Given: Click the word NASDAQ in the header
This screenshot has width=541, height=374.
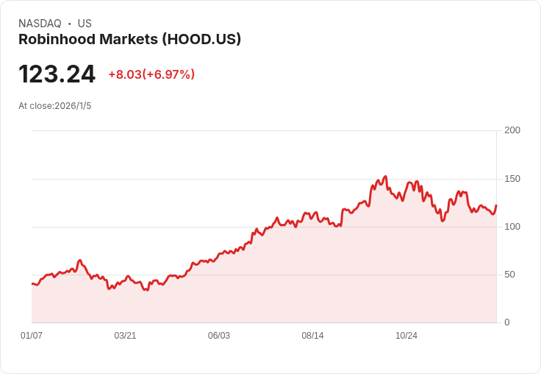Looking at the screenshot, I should click(x=40, y=24).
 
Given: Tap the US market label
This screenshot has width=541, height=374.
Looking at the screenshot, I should click(x=85, y=24).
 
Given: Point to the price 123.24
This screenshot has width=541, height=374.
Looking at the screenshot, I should click(x=57, y=74).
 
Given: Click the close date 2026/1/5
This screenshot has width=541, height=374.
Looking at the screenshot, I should click(x=73, y=106).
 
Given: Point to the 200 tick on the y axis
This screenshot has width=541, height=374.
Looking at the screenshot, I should click(x=512, y=130).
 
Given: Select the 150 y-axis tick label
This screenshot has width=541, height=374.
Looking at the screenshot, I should click(x=512, y=179).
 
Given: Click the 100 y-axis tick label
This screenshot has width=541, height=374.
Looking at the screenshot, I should click(x=512, y=227).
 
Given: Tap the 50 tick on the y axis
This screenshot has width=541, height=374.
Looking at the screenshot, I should click(x=509, y=275).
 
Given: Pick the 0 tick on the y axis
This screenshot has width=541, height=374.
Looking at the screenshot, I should click(x=507, y=322).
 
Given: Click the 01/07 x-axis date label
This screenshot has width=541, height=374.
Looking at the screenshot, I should click(x=32, y=336).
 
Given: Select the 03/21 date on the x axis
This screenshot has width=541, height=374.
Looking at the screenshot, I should click(x=125, y=336).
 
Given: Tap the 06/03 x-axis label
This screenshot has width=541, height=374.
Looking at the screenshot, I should click(x=219, y=336).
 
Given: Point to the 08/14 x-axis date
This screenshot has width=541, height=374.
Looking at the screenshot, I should click(x=312, y=336).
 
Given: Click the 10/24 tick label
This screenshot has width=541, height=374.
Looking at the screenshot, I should click(x=406, y=336).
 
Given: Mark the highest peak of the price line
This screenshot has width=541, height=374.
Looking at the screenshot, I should click(x=385, y=177).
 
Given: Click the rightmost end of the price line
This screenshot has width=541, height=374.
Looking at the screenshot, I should click(x=496, y=205).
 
